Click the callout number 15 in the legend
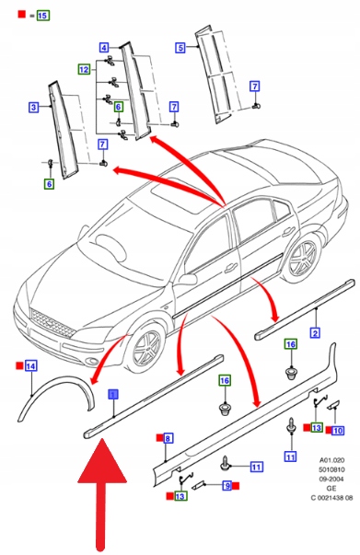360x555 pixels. pos(42,16)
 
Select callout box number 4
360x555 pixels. pos(104,48)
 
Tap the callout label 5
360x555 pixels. pos(180,48)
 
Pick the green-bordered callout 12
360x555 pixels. pos(84,69)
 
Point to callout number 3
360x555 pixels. pos(33,107)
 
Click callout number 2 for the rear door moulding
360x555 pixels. pos(315,332)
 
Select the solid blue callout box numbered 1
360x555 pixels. pos(113,394)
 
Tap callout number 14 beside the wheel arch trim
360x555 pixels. pos(30,366)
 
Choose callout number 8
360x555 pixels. pos(168,438)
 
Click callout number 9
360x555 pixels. pos(227,486)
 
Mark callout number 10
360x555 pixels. pos(337,431)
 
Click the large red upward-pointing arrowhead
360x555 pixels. pos(102,460)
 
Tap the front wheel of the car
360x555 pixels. pos(146,350)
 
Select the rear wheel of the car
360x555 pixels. pos(303,258)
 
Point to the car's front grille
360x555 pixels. pos(52,323)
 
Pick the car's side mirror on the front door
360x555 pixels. pos(188,279)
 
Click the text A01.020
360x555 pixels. pos(331,460)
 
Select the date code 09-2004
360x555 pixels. pos(331,479)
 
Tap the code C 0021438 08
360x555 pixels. pos(331,498)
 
